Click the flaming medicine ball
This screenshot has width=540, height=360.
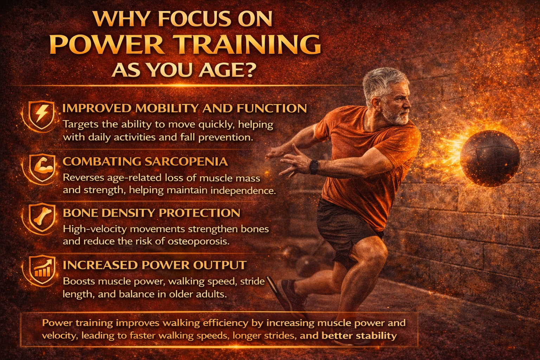pos(490,158)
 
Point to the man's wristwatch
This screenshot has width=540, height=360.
pos(314,167)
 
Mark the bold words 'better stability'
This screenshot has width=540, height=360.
pos(359,336)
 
